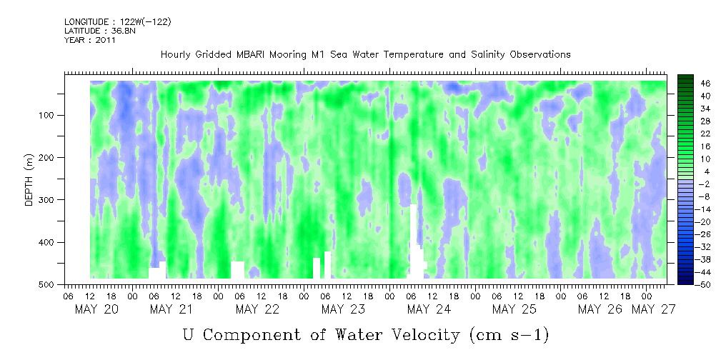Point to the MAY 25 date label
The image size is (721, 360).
(x=514, y=309)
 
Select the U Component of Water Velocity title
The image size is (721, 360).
(x=366, y=334)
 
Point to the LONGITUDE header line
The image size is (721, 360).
(x=117, y=22)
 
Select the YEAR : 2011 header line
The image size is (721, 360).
(x=89, y=40)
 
